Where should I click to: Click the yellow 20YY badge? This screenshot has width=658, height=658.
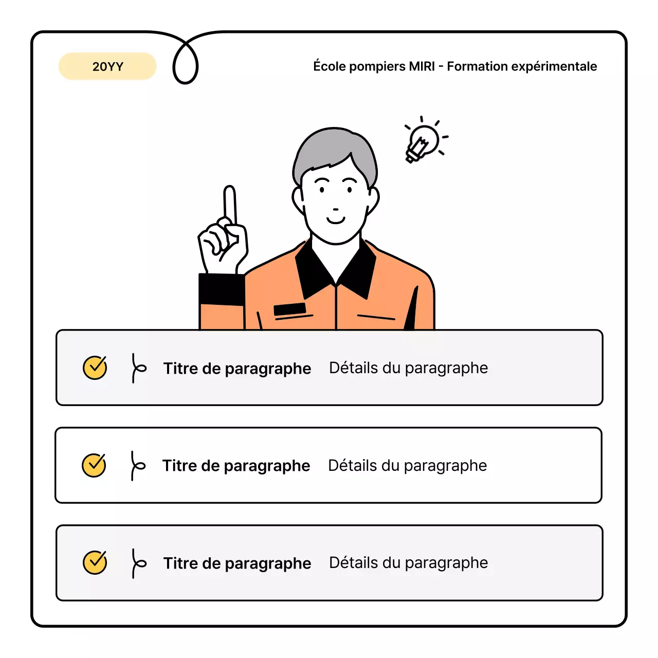[x=107, y=66]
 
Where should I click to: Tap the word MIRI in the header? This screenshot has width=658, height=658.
[x=422, y=66]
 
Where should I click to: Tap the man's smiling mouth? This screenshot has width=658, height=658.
[x=336, y=221]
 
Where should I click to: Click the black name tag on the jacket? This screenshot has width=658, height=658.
[x=289, y=309]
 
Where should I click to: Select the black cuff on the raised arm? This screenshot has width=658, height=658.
[x=221, y=289]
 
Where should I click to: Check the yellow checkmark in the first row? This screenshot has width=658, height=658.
[x=95, y=368]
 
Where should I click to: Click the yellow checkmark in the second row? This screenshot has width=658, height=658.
[x=94, y=465]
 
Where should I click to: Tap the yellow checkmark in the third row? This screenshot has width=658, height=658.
[x=95, y=562]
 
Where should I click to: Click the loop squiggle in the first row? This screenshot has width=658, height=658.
[x=137, y=368]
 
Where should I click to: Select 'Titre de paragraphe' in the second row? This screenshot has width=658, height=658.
[x=236, y=466]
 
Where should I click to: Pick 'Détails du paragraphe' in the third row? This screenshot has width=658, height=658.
[x=408, y=563]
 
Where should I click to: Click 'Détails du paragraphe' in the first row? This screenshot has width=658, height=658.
[x=408, y=368]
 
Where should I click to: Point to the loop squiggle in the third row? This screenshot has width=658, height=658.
[x=137, y=563]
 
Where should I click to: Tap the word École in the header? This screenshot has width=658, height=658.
[x=331, y=66]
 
